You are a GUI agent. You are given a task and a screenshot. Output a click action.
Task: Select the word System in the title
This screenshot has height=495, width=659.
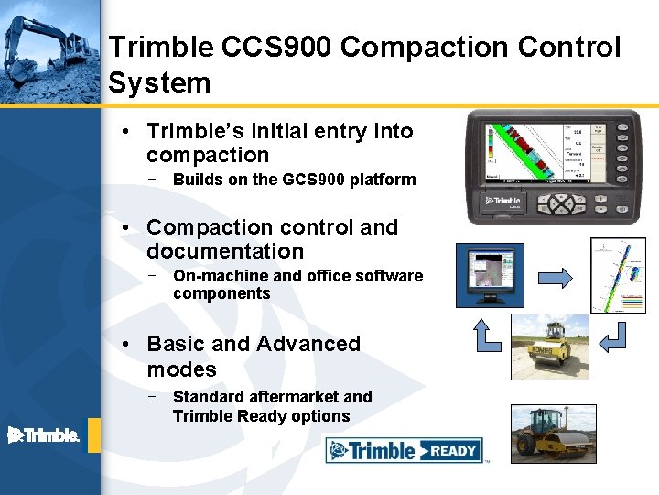tap(159, 83)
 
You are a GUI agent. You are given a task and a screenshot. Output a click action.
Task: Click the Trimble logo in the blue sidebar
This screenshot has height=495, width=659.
tap(43, 435)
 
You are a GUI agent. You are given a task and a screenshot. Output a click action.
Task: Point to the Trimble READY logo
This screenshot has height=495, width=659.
tap(404, 450)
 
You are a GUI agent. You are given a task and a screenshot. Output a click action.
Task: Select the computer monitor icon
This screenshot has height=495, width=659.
tap(490, 275)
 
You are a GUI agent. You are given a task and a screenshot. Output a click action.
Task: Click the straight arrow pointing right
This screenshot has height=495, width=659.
tap(554, 276)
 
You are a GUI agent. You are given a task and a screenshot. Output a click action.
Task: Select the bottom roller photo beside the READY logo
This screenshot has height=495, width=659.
tap(553, 432)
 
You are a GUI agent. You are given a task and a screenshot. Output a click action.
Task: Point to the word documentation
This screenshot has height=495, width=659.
tap(225, 251)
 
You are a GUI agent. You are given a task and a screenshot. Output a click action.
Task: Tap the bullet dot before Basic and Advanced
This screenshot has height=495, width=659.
tap(132, 345)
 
